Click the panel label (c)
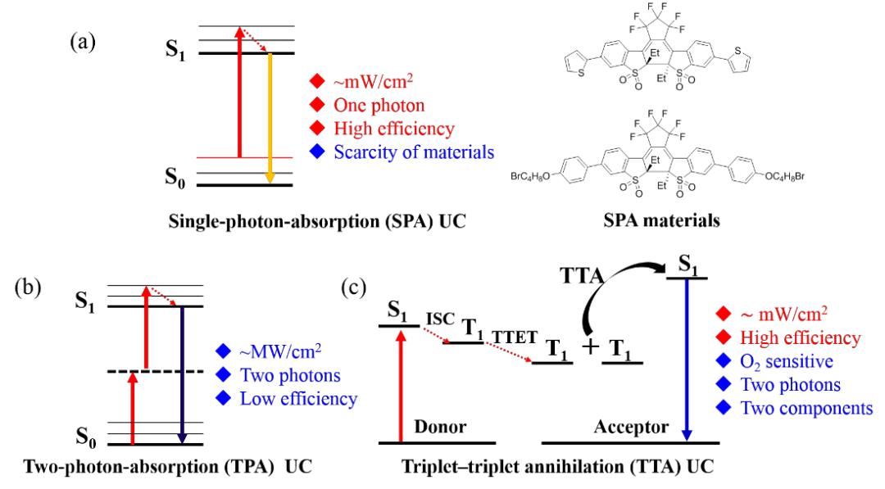point(354,290)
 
